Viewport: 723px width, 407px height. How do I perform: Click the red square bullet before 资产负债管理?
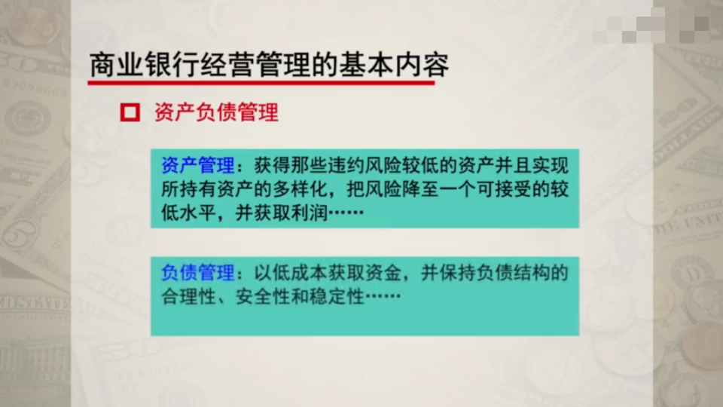(130, 113)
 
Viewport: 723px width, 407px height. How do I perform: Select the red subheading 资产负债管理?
(216, 113)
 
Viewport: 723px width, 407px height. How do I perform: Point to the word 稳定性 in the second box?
(335, 296)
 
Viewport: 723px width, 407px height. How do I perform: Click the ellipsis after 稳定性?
(380, 296)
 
